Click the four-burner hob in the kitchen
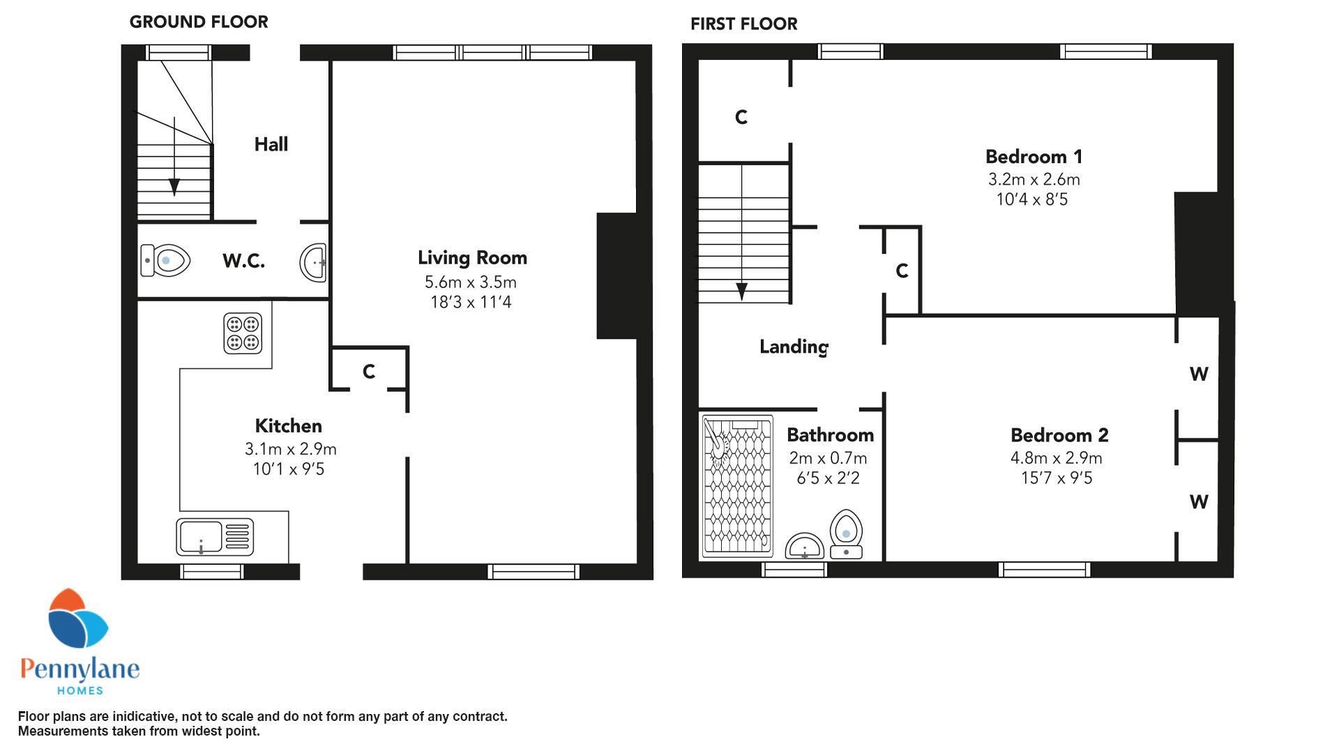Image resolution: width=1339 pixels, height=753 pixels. pos(243,333)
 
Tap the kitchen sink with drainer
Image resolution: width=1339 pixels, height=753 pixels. pos(215,538)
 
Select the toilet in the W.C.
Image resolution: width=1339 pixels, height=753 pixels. pos(165,261)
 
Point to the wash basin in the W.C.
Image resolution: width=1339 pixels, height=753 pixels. pos(313,263)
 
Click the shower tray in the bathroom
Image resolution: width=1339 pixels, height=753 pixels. pos(738,487)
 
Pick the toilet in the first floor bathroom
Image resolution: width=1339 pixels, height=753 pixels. pos(846,534)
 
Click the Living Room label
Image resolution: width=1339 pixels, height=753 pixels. pos(472,258)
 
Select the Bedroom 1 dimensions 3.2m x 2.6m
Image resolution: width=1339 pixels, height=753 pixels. pos(1034,179)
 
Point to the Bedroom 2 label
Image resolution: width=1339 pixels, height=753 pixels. pos(1059,435)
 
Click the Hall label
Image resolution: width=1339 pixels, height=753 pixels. pos(271,144)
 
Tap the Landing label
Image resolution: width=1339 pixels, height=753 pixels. pos(794,347)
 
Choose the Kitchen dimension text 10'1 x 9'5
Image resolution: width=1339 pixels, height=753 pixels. pos(289,469)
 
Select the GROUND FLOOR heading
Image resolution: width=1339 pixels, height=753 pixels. pos(199,22)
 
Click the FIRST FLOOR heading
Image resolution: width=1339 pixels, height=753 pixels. pos(744,24)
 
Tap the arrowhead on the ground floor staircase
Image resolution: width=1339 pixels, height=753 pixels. pos(174,187)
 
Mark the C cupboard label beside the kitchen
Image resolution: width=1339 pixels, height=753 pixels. pos(369,372)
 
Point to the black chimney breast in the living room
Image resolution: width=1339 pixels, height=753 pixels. pos(617,276)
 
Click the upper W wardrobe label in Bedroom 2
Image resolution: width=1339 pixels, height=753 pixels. pos(1199,374)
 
